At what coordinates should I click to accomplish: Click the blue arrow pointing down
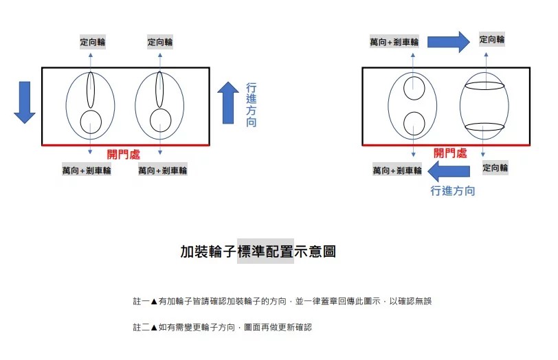pyautogui.click(x=25, y=102)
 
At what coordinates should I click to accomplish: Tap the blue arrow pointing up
pyautogui.click(x=228, y=103)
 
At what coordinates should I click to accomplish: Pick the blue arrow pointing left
pyautogui.click(x=449, y=171)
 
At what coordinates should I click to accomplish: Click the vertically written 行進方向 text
pyautogui.click(x=252, y=105)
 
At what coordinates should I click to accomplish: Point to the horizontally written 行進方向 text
pyautogui.click(x=453, y=191)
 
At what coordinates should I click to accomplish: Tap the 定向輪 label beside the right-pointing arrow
pyautogui.click(x=492, y=39)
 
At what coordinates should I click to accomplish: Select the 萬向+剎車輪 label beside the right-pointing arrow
pyautogui.click(x=394, y=42)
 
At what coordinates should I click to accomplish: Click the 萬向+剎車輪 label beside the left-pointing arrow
pyautogui.click(x=397, y=170)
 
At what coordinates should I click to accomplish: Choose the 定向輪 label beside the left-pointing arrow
pyautogui.click(x=495, y=168)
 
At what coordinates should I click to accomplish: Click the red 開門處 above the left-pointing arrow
pyautogui.click(x=450, y=153)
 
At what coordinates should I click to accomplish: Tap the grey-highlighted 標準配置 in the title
pyautogui.click(x=265, y=251)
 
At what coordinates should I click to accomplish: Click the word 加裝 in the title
pyautogui.click(x=194, y=251)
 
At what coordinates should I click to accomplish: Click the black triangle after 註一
pyautogui.click(x=154, y=302)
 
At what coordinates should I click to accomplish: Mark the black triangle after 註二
pyautogui.click(x=154, y=327)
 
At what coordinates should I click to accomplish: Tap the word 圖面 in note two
pyautogui.click(x=252, y=327)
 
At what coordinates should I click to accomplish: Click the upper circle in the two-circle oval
pyautogui.click(x=414, y=88)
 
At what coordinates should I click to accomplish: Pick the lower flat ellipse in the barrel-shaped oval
pyautogui.click(x=484, y=126)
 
